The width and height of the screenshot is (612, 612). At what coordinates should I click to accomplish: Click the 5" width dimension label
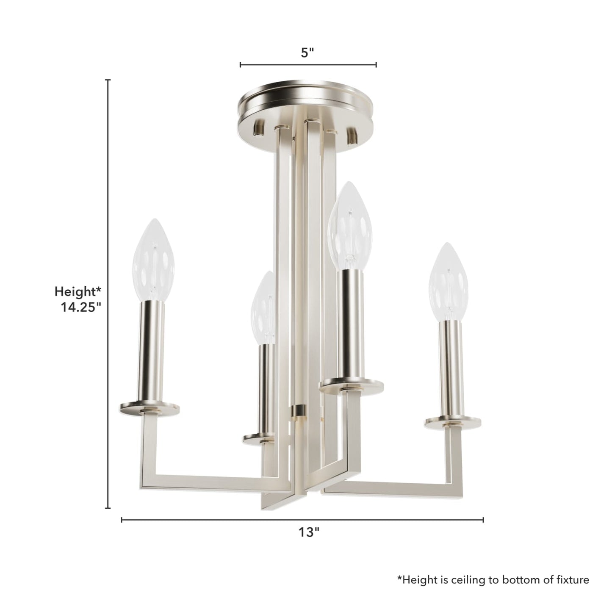pyautogui.click(x=307, y=53)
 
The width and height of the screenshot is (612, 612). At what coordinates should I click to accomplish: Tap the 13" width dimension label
pyautogui.click(x=308, y=532)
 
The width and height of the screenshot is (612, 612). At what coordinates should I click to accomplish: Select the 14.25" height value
pyautogui.click(x=80, y=307)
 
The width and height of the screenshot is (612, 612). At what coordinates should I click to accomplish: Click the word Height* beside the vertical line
pyautogui.click(x=78, y=291)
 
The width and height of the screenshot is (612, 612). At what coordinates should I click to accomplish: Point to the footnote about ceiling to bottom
pyautogui.click(x=493, y=580)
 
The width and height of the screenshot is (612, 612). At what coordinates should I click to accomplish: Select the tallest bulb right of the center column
pyautogui.click(x=350, y=226)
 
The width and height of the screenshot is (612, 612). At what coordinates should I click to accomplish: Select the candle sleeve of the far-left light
pyautogui.click(x=150, y=352)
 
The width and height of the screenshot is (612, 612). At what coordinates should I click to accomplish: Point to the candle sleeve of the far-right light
pyautogui.click(x=451, y=368)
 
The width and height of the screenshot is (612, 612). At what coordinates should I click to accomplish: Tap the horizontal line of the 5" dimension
pyautogui.click(x=308, y=65)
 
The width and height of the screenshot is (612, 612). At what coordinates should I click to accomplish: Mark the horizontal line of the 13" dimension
pyautogui.click(x=302, y=520)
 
